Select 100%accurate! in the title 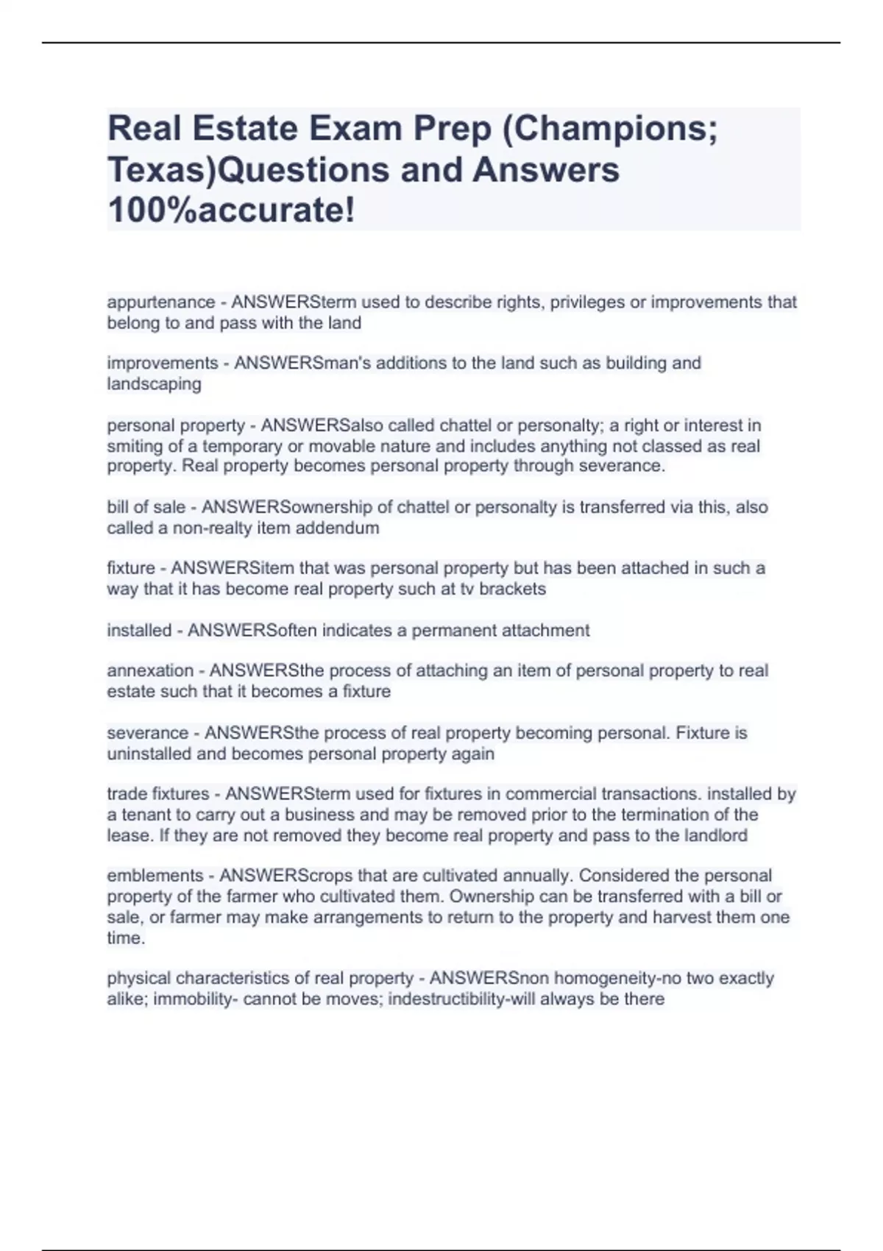[x=231, y=210]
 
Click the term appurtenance [x=161, y=302]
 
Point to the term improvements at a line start [x=163, y=364]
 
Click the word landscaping [x=154, y=384]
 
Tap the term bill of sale [x=146, y=508]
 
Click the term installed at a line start [x=139, y=631]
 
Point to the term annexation [x=150, y=671]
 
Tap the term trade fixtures [x=158, y=794]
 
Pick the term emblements [x=154, y=876]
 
